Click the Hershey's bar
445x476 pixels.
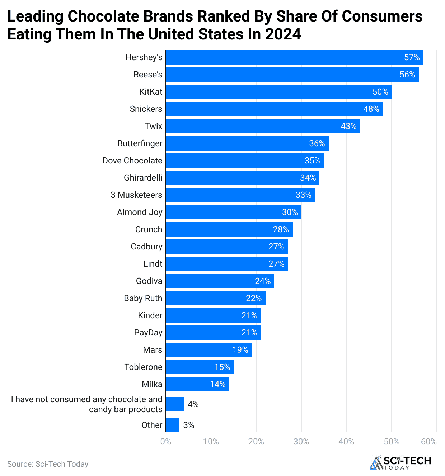[x=294, y=57]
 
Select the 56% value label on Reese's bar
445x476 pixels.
[x=407, y=75]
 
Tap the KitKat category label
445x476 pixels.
[x=151, y=92]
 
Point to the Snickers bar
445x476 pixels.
[x=274, y=109]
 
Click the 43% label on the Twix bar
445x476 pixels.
[x=348, y=126]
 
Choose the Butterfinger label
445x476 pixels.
[x=140, y=143]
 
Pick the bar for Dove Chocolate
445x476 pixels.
[x=245, y=161]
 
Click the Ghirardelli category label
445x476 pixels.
[x=143, y=178]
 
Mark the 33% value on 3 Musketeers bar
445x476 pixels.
[x=303, y=195]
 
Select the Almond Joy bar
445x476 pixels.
[x=233, y=212]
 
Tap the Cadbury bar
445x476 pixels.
[x=226, y=247]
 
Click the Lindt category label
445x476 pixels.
[x=153, y=264]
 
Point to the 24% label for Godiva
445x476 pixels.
[x=263, y=281]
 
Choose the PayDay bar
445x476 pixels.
[x=213, y=333]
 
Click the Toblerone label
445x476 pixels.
[x=143, y=367]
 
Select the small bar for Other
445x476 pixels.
[x=173, y=425]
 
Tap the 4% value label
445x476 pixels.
[x=193, y=404]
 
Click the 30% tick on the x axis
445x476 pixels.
[x=301, y=442]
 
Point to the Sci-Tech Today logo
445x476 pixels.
[x=400, y=462]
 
